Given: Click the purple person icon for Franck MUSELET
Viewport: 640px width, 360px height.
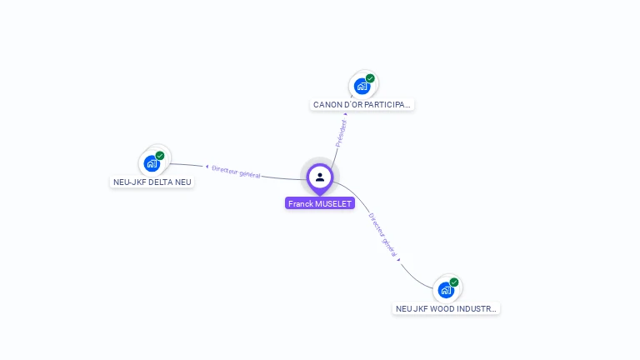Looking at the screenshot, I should point(320,177).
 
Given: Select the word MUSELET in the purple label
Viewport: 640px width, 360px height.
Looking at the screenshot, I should point(333,203).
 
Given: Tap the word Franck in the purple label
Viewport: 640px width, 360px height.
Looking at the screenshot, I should point(301,203).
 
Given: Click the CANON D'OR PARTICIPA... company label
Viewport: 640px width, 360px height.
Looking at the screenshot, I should point(362,105).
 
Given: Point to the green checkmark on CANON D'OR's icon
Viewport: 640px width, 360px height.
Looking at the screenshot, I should point(370,78).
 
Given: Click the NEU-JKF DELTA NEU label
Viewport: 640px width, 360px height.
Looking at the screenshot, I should point(152,182).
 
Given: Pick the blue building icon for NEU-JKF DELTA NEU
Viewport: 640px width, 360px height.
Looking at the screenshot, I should point(152,163).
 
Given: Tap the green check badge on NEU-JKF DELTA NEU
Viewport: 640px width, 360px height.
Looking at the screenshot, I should point(160,156).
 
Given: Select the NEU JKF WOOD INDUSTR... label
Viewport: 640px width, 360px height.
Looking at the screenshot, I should point(447,308).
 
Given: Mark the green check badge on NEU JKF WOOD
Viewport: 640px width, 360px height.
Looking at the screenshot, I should point(454,282).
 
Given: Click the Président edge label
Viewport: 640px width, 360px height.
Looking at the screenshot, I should point(340,133).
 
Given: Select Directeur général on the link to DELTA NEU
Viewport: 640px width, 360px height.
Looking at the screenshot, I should point(236,171).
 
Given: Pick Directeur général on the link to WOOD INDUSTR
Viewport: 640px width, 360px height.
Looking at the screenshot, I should point(382,234).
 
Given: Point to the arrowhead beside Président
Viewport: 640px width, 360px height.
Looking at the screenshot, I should point(345,114).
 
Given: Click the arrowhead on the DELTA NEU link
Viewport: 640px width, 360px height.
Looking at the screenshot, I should point(207,167).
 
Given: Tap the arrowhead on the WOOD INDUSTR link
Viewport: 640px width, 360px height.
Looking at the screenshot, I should point(399,260).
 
